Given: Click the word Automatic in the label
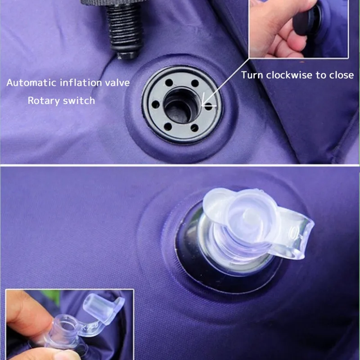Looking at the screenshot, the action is tap(31, 83).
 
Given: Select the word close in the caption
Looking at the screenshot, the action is tap(342, 75).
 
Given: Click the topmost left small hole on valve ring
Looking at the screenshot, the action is tap(169, 82).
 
